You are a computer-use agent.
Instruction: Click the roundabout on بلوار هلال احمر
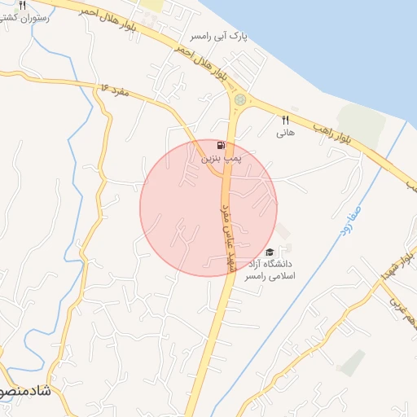pos(239,99)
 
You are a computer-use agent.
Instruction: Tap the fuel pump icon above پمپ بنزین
pos(221,145)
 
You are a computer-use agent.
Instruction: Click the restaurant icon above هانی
pos(285,119)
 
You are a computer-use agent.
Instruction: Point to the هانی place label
pos(284,131)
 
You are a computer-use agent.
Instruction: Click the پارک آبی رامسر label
pos(218,37)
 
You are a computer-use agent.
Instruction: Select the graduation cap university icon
pos(270,252)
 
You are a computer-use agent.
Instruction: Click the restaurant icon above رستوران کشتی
pos(33,4)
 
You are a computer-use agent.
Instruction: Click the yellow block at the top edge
pos(151,5)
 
